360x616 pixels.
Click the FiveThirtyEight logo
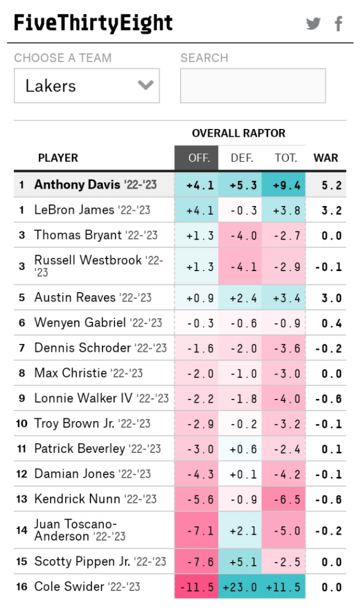[93, 23]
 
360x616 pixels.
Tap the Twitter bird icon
[313, 23]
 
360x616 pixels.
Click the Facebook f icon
[338, 23]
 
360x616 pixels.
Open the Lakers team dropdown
[86, 85]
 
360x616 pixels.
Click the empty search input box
[252, 85]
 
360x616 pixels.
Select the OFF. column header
[196, 158]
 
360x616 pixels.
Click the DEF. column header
[242, 158]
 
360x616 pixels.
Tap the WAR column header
[325, 158]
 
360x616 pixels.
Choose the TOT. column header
[286, 158]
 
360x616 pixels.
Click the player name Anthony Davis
[77, 184]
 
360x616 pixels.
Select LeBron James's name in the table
[74, 210]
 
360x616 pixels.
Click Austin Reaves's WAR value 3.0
[331, 298]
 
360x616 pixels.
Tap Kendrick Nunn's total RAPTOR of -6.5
[287, 499]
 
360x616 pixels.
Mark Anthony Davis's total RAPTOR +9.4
[287, 185]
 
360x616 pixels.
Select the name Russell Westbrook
[87, 260]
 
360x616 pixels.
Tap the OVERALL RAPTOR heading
[238, 133]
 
